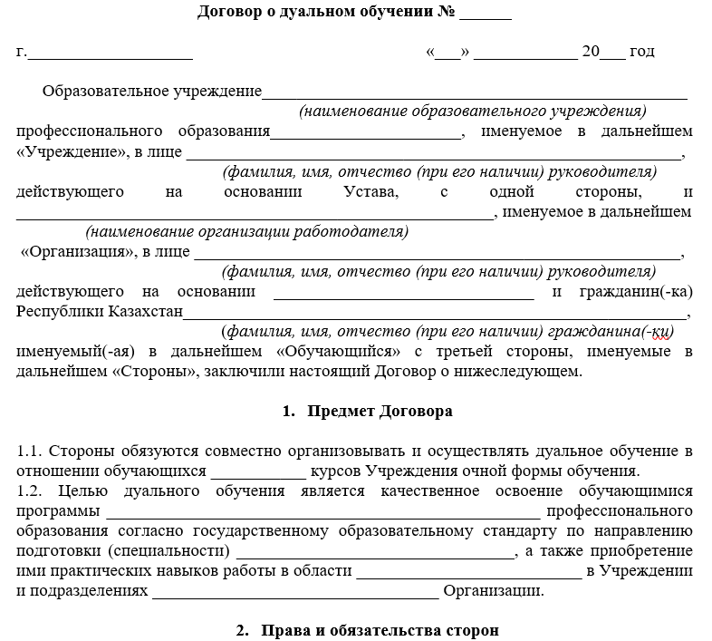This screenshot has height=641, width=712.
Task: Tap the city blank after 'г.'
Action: click(x=110, y=53)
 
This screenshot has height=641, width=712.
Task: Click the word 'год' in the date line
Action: click(x=642, y=51)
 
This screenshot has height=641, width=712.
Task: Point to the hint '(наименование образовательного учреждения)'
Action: click(x=473, y=112)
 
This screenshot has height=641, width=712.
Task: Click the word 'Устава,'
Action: click(x=370, y=191)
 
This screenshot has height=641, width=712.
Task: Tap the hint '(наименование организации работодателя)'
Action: click(x=246, y=231)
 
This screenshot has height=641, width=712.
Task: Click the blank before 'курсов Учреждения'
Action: click(x=258, y=471)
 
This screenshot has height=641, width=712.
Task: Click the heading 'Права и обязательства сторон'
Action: click(x=379, y=629)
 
